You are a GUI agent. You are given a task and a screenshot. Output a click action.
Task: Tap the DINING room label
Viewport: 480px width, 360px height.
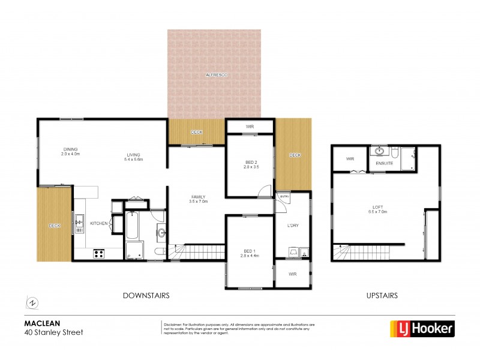click(x=70, y=150)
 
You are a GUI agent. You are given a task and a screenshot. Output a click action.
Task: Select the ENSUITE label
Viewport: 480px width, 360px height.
click(x=384, y=163)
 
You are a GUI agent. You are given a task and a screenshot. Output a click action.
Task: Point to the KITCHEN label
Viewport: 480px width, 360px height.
click(x=98, y=223)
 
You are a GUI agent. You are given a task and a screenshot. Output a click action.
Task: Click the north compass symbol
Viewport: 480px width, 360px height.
click(x=32, y=301)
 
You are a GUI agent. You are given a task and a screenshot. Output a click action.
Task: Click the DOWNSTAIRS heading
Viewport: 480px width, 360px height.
click(x=146, y=295)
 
